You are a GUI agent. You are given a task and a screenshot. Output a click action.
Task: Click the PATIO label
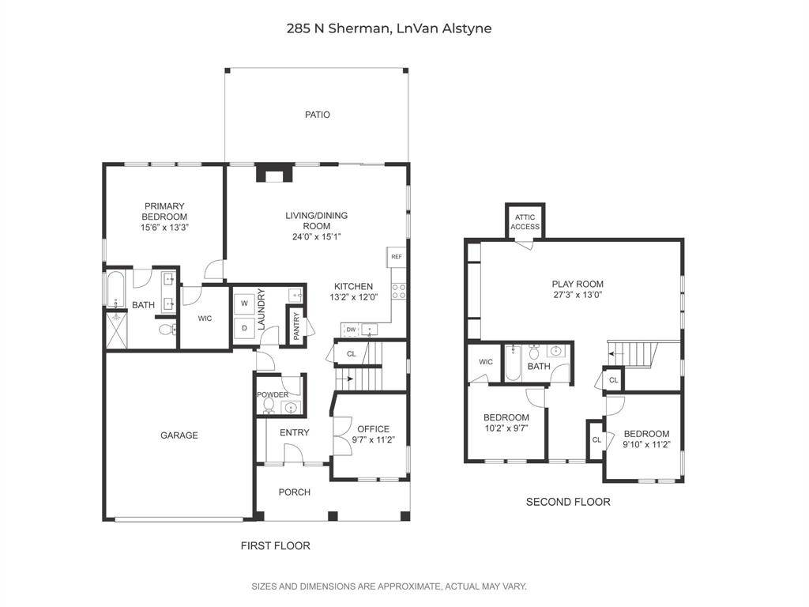tap(318, 115)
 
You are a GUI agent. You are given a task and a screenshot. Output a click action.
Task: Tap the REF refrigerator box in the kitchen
tap(396, 257)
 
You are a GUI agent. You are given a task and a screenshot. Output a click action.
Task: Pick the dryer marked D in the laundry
tap(244, 327)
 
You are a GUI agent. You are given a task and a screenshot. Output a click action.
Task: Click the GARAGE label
tap(179, 435)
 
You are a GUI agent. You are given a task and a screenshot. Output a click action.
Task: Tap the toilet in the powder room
tap(269, 406)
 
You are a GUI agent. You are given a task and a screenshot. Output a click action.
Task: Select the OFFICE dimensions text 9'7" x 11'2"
tap(373, 441)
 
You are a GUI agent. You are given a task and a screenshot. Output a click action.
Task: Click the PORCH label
tap(294, 492)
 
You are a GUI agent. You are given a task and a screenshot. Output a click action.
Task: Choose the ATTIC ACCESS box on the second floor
tap(525, 222)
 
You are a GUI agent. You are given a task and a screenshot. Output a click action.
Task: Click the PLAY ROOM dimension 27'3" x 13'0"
tap(578, 295)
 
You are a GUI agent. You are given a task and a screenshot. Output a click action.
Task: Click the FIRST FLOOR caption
tap(275, 545)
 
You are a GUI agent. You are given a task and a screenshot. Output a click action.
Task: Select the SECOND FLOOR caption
tap(568, 502)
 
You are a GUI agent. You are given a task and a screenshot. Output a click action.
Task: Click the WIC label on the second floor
tap(485, 362)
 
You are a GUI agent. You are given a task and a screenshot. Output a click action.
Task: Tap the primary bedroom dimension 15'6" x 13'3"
tap(164, 228)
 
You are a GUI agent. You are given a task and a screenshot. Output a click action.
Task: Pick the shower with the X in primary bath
tap(115, 331)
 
